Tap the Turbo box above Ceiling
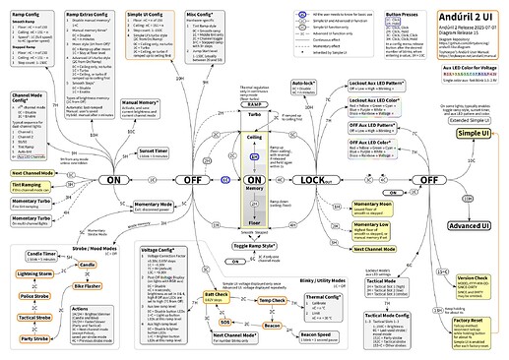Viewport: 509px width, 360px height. tap(254, 116)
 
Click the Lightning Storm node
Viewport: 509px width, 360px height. tap(33, 273)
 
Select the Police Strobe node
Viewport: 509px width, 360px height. tap(34, 295)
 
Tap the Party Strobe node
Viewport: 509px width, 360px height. tap(34, 338)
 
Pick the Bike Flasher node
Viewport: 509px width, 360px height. tap(88, 284)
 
